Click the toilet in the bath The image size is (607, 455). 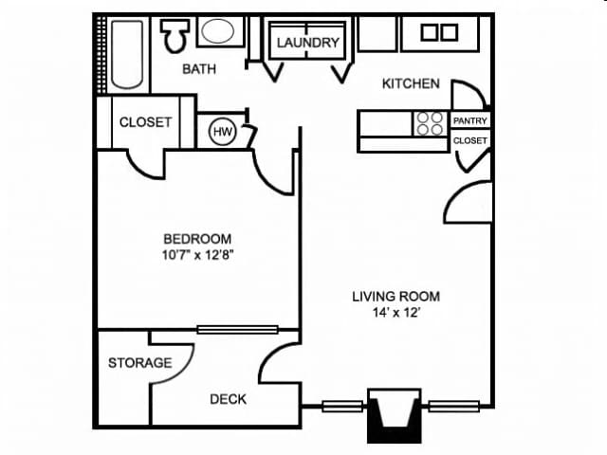point(174,36)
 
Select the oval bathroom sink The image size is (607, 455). point(220,32)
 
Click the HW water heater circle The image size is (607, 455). point(223,132)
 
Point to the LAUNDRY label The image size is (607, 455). point(307,43)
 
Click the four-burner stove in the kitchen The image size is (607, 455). point(429,123)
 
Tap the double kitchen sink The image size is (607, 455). point(438,32)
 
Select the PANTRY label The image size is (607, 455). point(470,121)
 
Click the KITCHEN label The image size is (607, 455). point(410,83)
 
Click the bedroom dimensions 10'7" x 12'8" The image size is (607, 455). point(197,255)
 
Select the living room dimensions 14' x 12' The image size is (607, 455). point(395,313)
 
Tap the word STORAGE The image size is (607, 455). point(139,362)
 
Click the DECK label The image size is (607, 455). point(228,399)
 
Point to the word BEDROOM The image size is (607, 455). point(197,239)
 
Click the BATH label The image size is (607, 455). point(199,68)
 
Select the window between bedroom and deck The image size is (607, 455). point(237,330)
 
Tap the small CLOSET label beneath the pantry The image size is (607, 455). point(470,140)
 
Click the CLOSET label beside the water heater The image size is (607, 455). point(145,121)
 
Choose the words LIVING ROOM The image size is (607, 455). point(395,296)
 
